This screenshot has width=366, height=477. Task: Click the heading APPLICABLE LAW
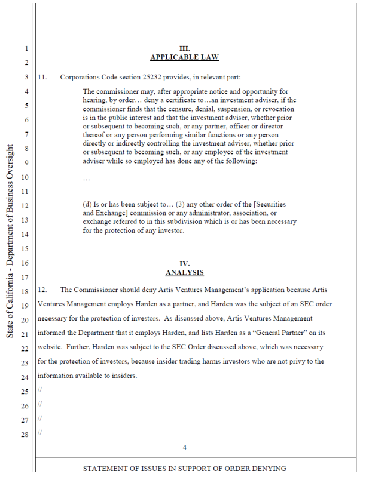pos(184,57)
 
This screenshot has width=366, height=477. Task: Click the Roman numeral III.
pos(184,48)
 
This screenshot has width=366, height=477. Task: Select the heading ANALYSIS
pos(184,272)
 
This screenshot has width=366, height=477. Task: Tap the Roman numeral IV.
pos(184,263)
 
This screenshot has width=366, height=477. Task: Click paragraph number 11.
pos(42,77)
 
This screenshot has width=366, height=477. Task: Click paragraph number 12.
pos(42,290)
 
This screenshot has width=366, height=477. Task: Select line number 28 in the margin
pos(25,435)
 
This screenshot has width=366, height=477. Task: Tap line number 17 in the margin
pos(25,277)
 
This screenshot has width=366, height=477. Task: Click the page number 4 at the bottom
pos(184,447)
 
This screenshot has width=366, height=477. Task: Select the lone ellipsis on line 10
pos(86,178)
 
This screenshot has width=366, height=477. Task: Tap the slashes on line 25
pos(39,390)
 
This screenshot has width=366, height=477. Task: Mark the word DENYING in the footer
pos(270,469)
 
